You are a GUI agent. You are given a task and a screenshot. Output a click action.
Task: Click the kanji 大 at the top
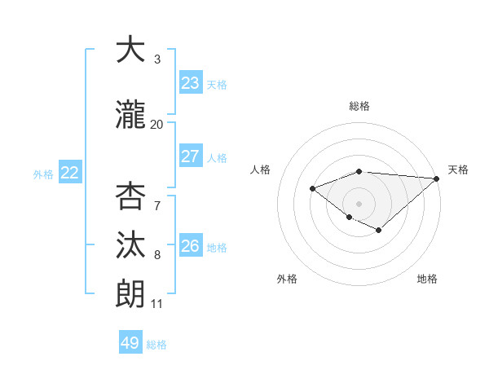point(130,50)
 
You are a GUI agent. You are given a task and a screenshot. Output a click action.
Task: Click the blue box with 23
point(191,83)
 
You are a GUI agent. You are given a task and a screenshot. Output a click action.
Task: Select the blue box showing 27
point(191,156)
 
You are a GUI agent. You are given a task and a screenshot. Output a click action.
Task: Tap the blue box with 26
point(191,246)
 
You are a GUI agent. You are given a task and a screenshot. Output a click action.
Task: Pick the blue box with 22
point(70,173)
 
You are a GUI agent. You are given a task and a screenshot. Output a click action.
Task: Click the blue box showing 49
point(130,343)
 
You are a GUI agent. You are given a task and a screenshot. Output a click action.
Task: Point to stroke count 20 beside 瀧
point(156,125)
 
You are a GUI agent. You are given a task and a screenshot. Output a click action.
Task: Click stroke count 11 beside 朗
point(156,304)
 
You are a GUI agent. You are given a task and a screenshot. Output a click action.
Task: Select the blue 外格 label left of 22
point(43,174)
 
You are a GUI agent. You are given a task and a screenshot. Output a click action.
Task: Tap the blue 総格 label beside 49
point(156,345)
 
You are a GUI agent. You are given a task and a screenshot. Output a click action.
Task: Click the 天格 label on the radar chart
point(458,169)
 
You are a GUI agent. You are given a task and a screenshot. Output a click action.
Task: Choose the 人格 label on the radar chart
point(261,169)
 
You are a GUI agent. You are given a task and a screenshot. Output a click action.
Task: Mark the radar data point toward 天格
point(437,178)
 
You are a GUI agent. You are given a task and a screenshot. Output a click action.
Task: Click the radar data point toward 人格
point(312,188)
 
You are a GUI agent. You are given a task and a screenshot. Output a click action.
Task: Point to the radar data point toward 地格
point(378,231)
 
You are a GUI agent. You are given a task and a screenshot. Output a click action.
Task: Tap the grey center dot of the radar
point(359,203)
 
